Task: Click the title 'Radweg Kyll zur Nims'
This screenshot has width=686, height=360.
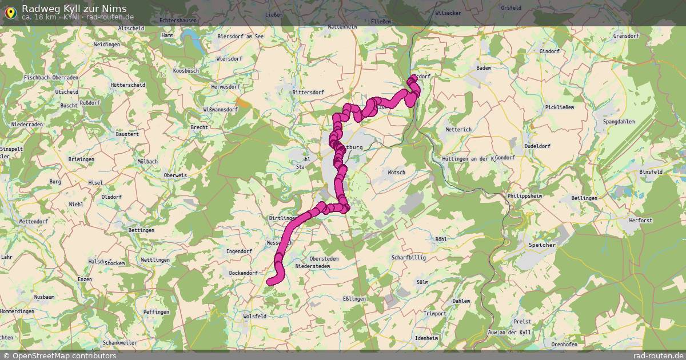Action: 74,8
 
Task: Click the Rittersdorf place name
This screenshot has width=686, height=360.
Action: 308,91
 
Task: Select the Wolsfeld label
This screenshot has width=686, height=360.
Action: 255,316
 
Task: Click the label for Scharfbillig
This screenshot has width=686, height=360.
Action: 409,258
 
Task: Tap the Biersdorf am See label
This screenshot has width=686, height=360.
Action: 241,36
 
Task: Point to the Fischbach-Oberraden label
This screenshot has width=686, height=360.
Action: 51,77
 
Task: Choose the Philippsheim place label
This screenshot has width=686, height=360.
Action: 524,195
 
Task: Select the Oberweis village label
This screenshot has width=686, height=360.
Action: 176,175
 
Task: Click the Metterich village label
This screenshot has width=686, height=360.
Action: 458,130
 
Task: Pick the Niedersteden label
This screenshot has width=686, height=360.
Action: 312,266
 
